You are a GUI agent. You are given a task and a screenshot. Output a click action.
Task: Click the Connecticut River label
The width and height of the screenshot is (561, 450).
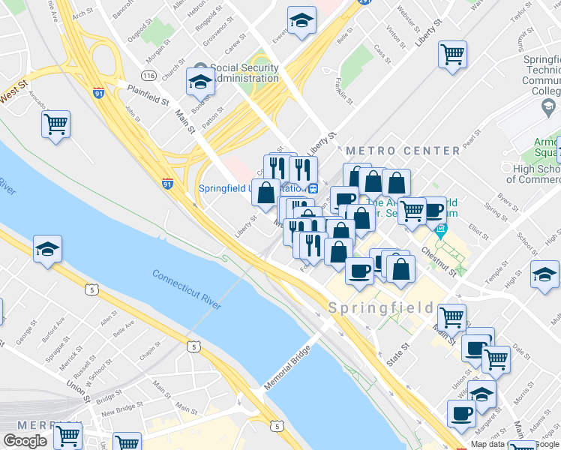point(187,288)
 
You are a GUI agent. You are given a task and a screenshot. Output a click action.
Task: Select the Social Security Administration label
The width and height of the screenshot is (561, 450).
point(244,73)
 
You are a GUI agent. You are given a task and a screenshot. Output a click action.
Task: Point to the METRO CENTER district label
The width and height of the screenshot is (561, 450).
point(403,151)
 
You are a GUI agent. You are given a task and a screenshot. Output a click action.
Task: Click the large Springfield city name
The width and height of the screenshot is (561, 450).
point(381,307)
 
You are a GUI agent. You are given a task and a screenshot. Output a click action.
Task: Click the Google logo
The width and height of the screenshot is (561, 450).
point(24,441)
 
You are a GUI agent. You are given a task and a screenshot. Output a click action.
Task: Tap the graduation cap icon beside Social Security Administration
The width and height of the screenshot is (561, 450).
point(200,82)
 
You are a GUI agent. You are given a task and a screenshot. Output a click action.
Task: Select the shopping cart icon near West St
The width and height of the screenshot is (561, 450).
point(56,124)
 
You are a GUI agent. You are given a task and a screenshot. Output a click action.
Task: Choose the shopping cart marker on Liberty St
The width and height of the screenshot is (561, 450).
point(452,54)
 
